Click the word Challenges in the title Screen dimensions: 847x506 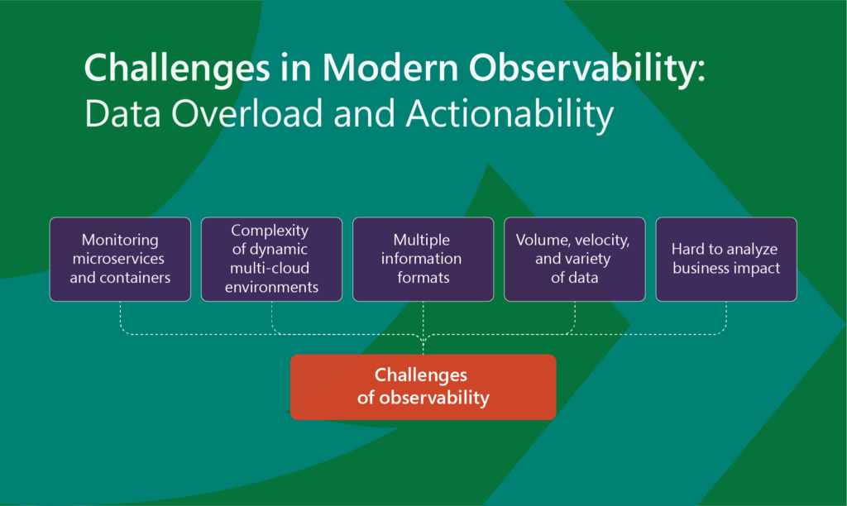[177, 69]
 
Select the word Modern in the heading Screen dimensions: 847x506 [390, 68]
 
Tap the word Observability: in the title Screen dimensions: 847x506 [586, 68]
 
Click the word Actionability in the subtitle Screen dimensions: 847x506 [510, 114]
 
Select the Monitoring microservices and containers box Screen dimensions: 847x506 [120, 260]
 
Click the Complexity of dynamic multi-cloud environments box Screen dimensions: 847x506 [271, 260]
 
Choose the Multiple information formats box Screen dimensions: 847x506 [423, 260]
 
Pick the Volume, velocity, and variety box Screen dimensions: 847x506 [575, 260]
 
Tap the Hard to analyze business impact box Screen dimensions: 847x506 [726, 260]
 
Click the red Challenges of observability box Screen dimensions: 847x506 [423, 387]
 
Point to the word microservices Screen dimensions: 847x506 [118, 259]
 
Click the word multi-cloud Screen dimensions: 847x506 [270, 268]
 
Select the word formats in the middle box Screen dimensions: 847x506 [423, 278]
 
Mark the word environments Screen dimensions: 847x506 [271, 287]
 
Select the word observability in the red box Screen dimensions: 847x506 [434, 398]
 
